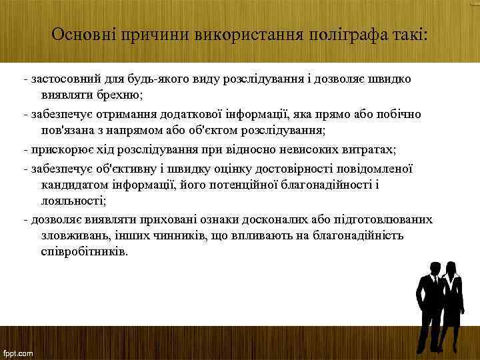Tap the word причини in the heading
point(150,34)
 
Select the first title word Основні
point(84,34)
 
